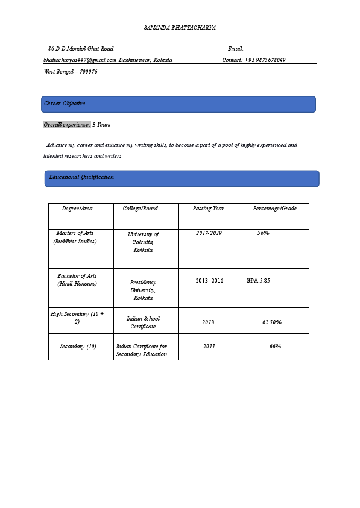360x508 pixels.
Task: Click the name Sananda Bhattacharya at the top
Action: (180, 28)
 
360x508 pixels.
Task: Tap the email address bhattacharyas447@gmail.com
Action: (80, 60)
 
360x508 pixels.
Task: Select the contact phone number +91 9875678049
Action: (265, 60)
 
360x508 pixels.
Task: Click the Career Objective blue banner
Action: (178, 104)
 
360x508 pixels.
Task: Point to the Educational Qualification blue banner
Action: (182, 178)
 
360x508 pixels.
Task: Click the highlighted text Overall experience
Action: (67, 125)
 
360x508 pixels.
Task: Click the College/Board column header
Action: (141, 209)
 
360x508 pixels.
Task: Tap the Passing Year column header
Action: (209, 209)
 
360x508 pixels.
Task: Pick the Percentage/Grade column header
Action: (274, 209)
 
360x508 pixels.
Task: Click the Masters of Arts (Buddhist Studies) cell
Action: (75, 237)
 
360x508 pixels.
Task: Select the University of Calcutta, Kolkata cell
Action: (144, 242)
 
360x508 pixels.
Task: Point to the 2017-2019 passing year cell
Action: (209, 233)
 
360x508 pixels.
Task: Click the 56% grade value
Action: (263, 233)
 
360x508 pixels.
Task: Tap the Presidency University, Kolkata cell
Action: (144, 290)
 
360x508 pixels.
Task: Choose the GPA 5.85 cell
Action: (258, 281)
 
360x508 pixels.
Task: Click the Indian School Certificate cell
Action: (144, 322)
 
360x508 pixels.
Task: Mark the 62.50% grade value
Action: (272, 322)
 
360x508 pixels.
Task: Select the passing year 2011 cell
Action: (209, 347)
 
